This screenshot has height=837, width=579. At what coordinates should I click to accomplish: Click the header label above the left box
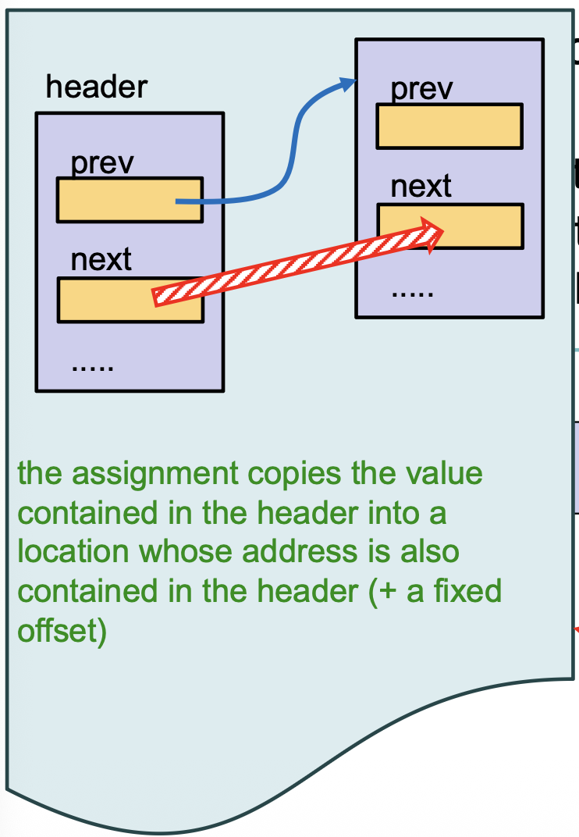[96, 87]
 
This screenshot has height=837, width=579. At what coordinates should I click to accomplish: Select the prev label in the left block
[102, 164]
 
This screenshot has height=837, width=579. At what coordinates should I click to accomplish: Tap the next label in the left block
[101, 259]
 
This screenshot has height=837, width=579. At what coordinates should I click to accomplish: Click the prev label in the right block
[421, 89]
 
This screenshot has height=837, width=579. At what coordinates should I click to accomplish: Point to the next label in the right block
[421, 187]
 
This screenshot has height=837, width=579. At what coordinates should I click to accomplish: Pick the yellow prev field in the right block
[449, 126]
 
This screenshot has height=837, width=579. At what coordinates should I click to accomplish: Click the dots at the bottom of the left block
[93, 366]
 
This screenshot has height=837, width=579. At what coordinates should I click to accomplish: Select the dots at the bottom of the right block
[412, 295]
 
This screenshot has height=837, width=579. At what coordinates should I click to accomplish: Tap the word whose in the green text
[186, 552]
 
